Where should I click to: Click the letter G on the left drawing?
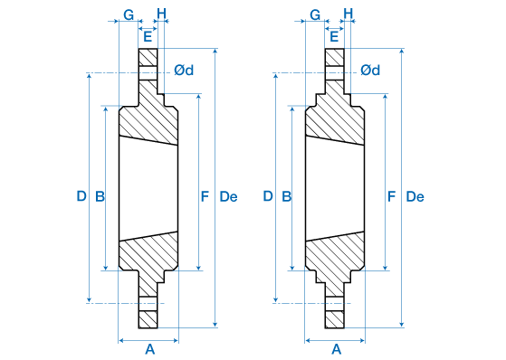pyautogui.click(x=129, y=14)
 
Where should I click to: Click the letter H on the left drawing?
pyautogui.click(x=161, y=14)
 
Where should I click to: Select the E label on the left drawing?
pyautogui.click(x=148, y=36)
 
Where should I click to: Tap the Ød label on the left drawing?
pyautogui.click(x=184, y=70)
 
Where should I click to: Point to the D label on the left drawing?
pyautogui.click(x=81, y=196)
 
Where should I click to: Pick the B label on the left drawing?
pyautogui.click(x=100, y=196)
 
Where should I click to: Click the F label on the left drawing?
pyautogui.click(x=205, y=196)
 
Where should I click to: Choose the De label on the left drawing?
pyautogui.click(x=228, y=196)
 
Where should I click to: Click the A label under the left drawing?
pyautogui.click(x=149, y=349)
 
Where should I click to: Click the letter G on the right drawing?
pyautogui.click(x=315, y=14)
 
